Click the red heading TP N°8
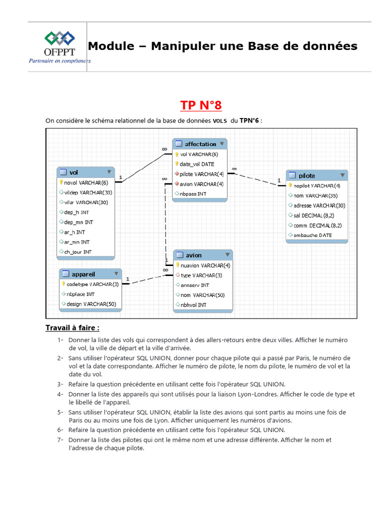[x=200, y=105]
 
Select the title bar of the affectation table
[x=200, y=144]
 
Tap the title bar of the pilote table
[x=316, y=175]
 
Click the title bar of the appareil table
[x=90, y=274]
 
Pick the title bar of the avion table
[x=202, y=255]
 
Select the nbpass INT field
[x=193, y=193]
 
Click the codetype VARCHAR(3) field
[x=92, y=284]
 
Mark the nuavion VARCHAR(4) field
[x=205, y=265]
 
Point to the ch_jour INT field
[x=77, y=251]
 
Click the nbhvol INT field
[x=193, y=304]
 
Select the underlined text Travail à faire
[x=72, y=328]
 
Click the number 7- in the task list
[x=60, y=440]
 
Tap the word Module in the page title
[x=111, y=46]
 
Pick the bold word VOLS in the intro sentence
[x=219, y=120]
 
